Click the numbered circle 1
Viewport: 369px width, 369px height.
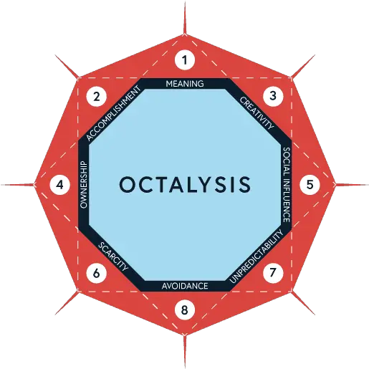coord(185,60)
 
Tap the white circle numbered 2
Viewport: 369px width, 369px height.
coord(97,97)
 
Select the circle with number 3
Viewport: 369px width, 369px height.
coord(273,96)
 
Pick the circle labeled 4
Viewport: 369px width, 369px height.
coord(60,185)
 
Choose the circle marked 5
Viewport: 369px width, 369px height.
coord(310,185)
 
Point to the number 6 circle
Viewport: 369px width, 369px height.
coord(96,273)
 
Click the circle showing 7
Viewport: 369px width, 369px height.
coord(273,273)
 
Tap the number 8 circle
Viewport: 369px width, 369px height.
coord(185,310)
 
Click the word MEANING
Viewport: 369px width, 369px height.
coord(185,84)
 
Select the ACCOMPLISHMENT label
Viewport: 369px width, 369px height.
coord(113,113)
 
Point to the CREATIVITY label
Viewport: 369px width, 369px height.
coord(257,113)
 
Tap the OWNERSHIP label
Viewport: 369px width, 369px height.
coord(84,185)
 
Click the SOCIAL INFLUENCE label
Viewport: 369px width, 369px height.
coord(287,185)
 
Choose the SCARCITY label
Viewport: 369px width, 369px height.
coord(113,257)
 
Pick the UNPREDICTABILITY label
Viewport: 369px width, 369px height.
coord(257,257)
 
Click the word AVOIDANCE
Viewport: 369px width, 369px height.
coord(185,286)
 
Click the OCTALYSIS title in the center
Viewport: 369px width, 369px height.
coord(185,185)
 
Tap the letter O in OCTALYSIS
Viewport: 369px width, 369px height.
coord(128,185)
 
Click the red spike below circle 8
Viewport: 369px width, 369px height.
coord(185,352)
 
